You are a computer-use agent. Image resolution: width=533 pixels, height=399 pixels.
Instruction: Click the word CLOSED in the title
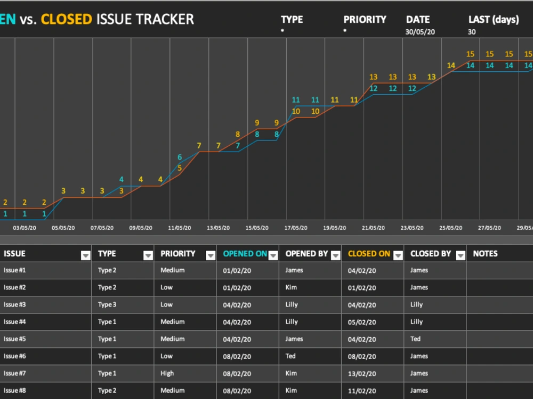[x=66, y=19]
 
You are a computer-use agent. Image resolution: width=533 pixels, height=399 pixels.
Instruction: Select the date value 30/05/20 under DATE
[x=420, y=32]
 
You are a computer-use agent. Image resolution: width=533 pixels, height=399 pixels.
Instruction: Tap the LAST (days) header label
[x=494, y=20]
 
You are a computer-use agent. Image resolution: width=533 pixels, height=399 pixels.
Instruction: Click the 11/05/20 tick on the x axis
[x=180, y=228]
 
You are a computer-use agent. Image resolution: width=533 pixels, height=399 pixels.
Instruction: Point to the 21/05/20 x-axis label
[x=373, y=228]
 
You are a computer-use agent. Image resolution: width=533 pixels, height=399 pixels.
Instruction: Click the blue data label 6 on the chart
[x=180, y=157]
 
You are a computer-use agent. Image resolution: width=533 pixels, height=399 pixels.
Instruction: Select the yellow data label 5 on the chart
[x=180, y=168]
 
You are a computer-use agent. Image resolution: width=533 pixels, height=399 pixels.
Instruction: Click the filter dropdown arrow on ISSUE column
[x=86, y=255]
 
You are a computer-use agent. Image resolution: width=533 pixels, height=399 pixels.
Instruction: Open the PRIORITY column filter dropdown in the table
[x=211, y=255]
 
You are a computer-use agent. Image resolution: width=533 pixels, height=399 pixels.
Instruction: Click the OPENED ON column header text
[x=245, y=254]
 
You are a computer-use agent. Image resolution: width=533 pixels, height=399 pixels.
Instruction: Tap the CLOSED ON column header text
[x=369, y=254]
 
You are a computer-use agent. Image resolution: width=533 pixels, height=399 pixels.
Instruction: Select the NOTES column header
[x=485, y=254]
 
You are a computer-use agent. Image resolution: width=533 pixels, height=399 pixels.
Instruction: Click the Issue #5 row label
[x=14, y=339]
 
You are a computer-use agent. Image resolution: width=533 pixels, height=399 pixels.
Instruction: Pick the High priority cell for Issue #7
[x=167, y=373]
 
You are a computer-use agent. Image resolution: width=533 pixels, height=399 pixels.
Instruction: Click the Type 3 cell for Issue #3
[x=107, y=305]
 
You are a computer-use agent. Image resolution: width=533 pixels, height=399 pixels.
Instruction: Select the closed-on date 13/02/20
[x=362, y=373]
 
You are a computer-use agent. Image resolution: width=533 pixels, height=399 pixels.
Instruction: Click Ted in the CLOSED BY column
[x=415, y=339]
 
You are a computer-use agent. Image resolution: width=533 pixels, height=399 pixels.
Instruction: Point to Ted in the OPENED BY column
[x=290, y=356]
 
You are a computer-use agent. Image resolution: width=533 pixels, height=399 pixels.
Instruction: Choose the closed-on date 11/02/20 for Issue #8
[x=362, y=391]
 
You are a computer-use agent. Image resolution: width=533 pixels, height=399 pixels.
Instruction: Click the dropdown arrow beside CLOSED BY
[x=461, y=255]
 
